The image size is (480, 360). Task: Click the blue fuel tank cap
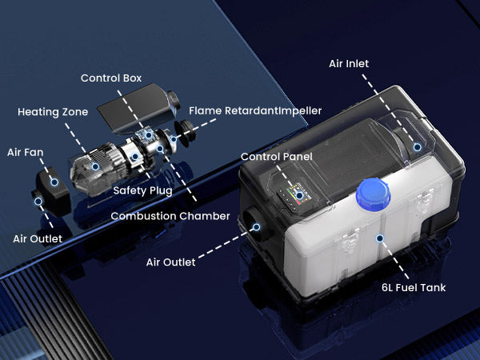pos(373,194)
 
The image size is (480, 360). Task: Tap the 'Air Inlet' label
pos(349,64)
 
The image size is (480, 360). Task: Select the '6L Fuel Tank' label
pos(414,288)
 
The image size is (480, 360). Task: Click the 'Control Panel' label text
pos(277,157)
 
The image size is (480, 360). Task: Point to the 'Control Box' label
pos(111,78)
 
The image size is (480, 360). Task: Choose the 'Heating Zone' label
pos(53,112)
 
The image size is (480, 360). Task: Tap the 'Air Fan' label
pos(25,153)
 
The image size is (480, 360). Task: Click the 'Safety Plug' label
pos(142,190)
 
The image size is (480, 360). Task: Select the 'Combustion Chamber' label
pos(170,216)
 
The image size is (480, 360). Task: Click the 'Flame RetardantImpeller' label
pos(255,111)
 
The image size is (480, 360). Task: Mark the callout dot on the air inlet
pos(418,147)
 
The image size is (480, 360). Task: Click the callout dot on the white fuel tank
pos(380,238)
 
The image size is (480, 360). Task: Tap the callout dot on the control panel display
pos(299,196)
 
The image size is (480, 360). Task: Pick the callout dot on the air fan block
pos(54,182)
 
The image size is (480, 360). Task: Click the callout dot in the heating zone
pos(95,166)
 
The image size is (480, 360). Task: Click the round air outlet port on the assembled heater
pos(255,222)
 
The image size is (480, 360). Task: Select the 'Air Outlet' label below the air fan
pos(38,238)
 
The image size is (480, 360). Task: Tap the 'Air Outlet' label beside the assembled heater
pos(171,262)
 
